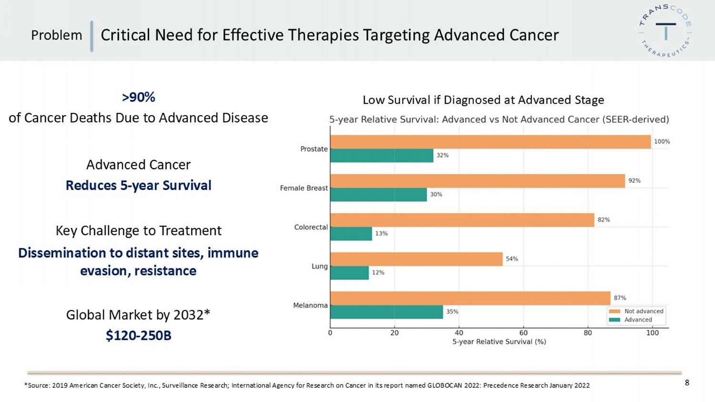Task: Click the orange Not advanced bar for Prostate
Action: pyautogui.click(x=490, y=142)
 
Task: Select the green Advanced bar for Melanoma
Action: pyautogui.click(x=387, y=312)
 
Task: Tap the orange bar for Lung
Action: pyautogui.click(x=416, y=259)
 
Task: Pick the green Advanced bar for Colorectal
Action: pyautogui.click(x=351, y=234)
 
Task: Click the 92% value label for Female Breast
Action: pyautogui.click(x=634, y=181)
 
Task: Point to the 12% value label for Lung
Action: pyautogui.click(x=378, y=273)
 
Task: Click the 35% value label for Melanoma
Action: pyautogui.click(x=452, y=312)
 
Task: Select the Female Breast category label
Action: pyautogui.click(x=304, y=188)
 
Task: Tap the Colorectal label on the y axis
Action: pyautogui.click(x=311, y=227)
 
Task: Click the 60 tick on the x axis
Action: pyautogui.click(x=523, y=333)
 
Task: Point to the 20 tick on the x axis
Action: pyautogui.click(x=395, y=333)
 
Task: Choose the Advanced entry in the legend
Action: pyautogui.click(x=638, y=320)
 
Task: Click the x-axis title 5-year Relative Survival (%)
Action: pyautogui.click(x=499, y=342)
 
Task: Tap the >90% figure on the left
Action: pyautogui.click(x=138, y=97)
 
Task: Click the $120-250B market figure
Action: pyautogui.click(x=138, y=336)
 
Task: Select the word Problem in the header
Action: pyautogui.click(x=56, y=35)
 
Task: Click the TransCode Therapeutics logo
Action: pyautogui.click(x=665, y=31)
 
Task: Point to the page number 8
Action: pyautogui.click(x=687, y=383)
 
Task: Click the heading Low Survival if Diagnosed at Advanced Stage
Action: pyautogui.click(x=483, y=100)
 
